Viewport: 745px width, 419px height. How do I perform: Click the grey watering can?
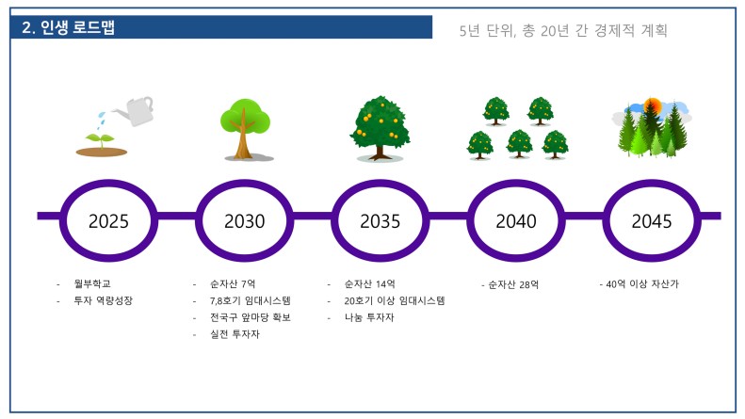[137, 111]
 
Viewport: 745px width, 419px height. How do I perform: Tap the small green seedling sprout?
[100, 140]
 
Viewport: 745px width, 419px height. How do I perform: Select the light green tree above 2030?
[245, 128]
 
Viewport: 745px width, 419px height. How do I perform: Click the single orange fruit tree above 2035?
[381, 127]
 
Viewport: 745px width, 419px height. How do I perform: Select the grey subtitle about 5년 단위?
[563, 31]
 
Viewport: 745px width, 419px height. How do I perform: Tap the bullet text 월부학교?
[92, 283]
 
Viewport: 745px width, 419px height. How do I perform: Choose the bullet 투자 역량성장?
[103, 300]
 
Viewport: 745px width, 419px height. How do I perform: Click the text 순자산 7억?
[233, 284]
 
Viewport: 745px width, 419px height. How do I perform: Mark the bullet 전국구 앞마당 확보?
[251, 317]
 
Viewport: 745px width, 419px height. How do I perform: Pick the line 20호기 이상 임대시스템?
[395, 300]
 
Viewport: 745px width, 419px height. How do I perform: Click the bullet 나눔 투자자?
[369, 317]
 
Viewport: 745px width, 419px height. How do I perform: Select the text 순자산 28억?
[513, 284]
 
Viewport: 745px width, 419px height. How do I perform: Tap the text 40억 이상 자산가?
[642, 284]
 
